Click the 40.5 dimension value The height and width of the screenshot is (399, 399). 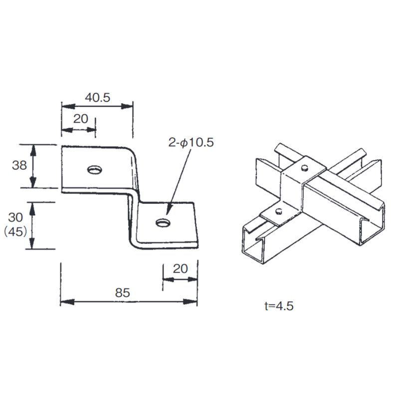click(x=97, y=98)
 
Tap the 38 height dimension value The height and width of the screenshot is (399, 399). click(x=19, y=166)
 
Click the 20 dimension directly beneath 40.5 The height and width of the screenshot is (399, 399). click(x=80, y=119)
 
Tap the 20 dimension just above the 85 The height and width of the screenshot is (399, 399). click(x=180, y=268)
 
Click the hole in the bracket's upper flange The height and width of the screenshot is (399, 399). click(x=94, y=170)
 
